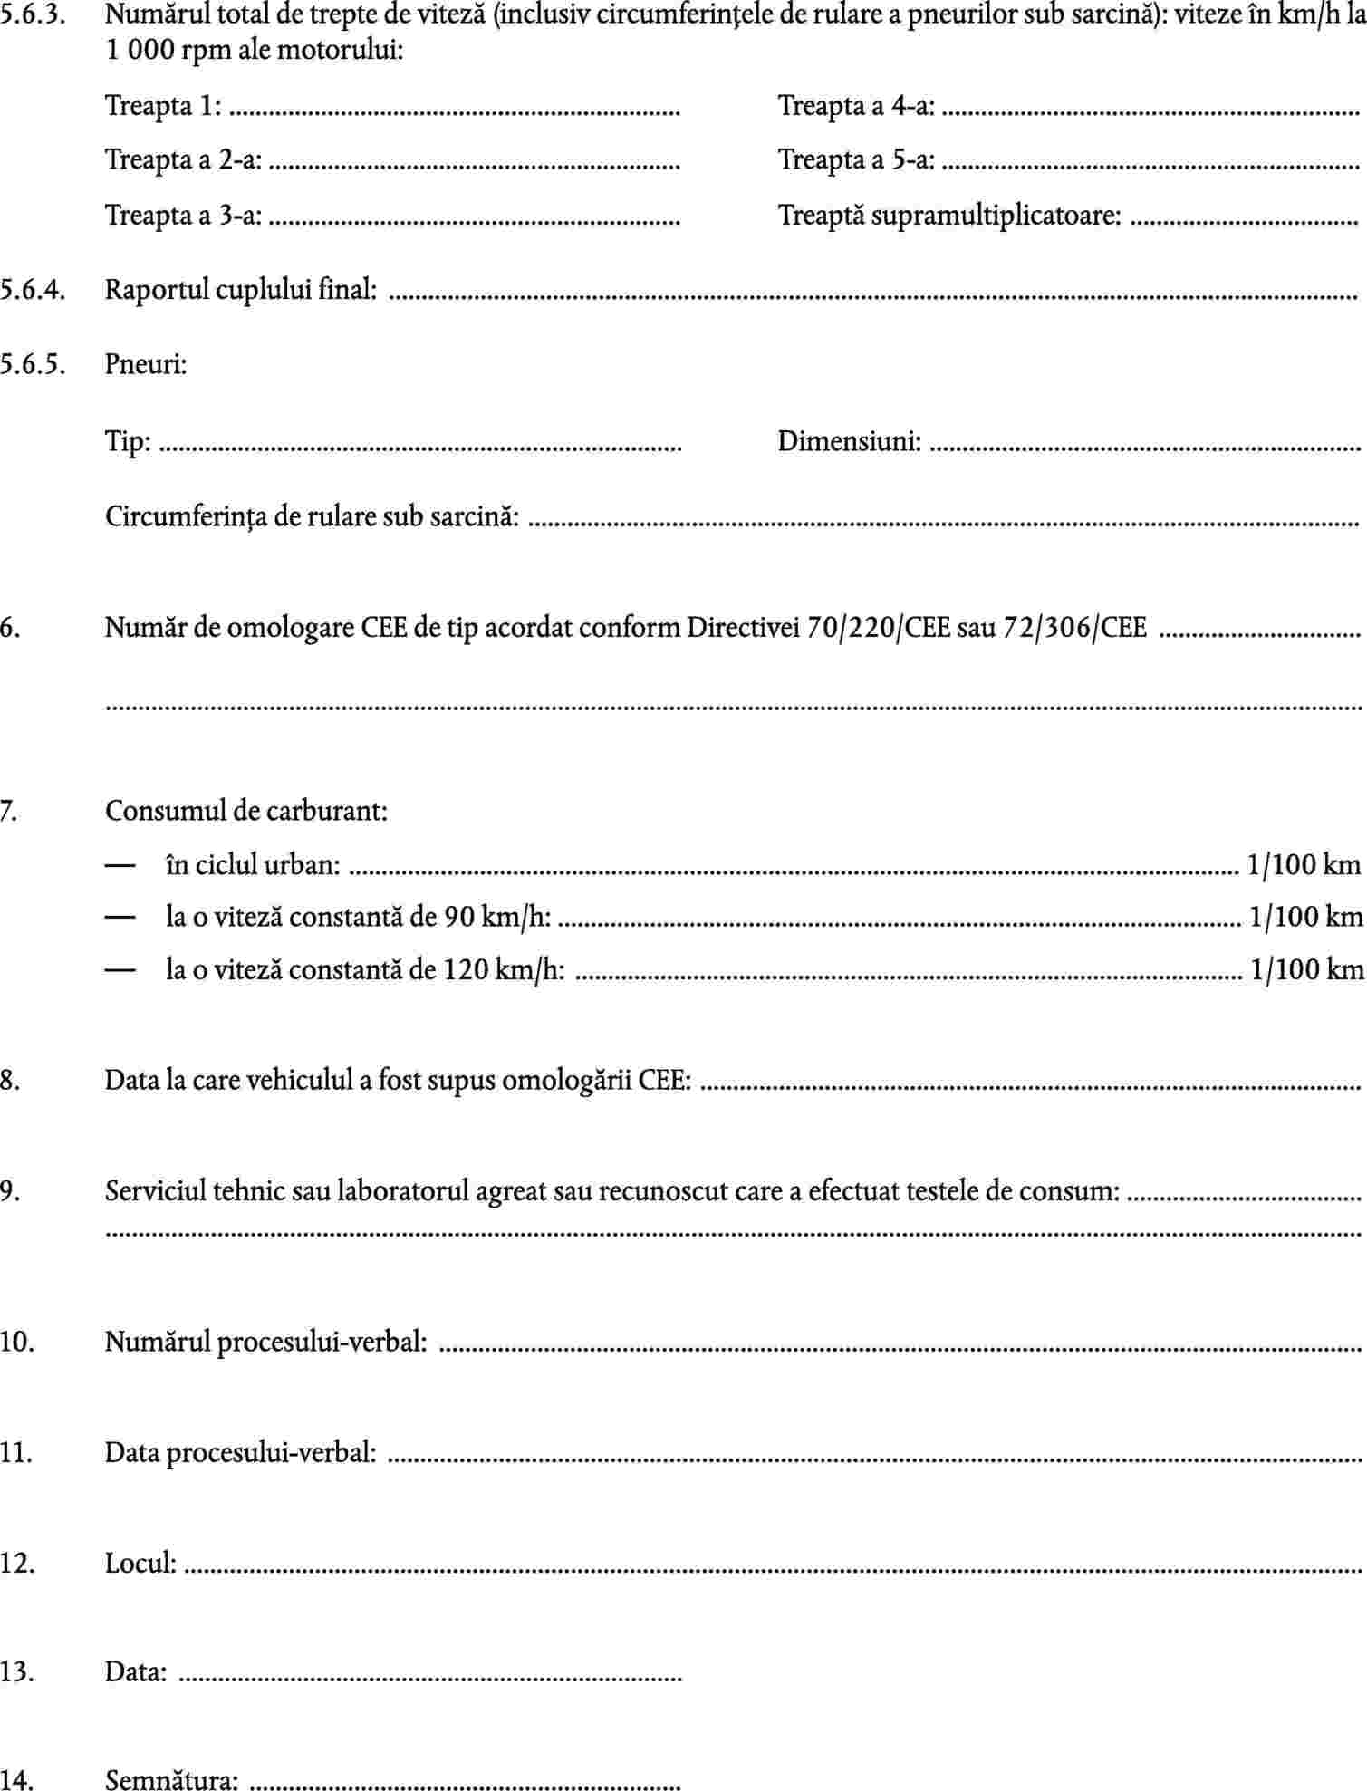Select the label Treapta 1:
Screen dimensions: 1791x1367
[163, 106]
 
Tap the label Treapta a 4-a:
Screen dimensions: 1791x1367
[856, 106]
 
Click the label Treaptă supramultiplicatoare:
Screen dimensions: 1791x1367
[948, 216]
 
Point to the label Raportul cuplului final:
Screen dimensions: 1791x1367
[240, 290]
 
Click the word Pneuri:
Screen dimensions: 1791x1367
[146, 364]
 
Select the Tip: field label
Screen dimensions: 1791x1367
[128, 442]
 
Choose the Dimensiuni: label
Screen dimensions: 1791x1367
[849, 442]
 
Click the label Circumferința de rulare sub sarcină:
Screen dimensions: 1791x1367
[312, 516]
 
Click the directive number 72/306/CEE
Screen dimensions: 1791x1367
[1074, 627]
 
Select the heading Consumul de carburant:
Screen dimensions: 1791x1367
[245, 810]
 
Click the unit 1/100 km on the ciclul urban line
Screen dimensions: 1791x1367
[1304, 864]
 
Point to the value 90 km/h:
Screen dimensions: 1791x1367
[496, 917]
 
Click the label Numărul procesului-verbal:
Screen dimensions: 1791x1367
[265, 1341]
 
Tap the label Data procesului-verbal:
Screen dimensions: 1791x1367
[240, 1452]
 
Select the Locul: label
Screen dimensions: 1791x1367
[140, 1563]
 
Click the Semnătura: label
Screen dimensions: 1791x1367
[171, 1780]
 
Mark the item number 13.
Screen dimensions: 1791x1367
[17, 1671]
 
